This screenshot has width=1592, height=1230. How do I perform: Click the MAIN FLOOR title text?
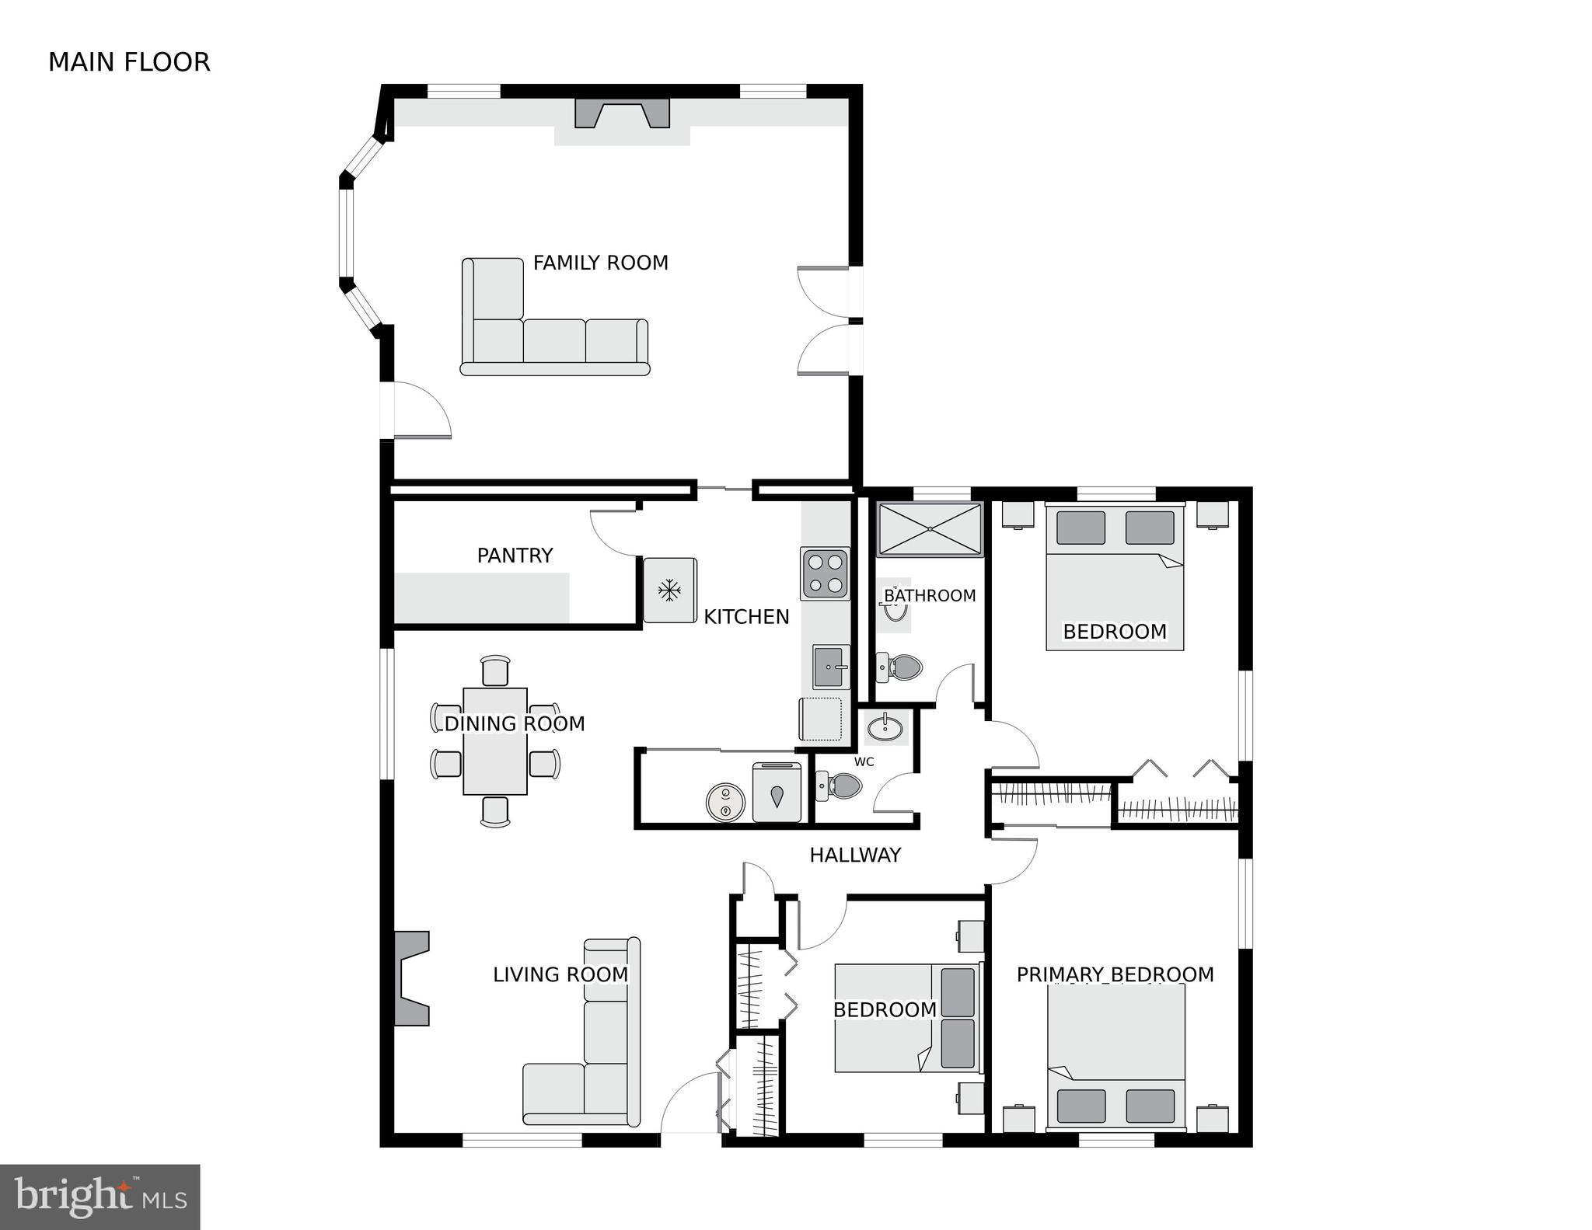pos(129,62)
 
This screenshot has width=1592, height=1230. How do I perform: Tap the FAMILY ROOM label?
pos(600,263)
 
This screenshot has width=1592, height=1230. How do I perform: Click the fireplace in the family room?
pos(622,113)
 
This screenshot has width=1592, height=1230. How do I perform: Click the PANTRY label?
pos(515,556)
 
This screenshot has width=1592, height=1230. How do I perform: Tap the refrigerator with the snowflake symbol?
pos(669,591)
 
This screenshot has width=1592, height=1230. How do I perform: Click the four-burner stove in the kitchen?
pos(825,573)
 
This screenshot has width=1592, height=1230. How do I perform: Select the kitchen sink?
pos(831,667)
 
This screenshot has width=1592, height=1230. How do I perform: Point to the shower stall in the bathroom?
pos(930,529)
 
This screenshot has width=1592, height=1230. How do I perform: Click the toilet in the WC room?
pos(840,786)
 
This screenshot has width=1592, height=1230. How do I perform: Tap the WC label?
pos(864,761)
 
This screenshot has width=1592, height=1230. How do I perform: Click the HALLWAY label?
pos(855,855)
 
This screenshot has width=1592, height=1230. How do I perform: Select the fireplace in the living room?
pos(410,978)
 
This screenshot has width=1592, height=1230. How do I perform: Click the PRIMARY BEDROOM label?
pos(1115,974)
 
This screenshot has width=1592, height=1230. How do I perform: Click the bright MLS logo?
pos(100,1197)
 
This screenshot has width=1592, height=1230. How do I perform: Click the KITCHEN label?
pos(746,617)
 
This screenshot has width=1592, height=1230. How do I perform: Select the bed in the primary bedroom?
pos(1115,1057)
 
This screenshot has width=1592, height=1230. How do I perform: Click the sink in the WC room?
pos(885,728)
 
